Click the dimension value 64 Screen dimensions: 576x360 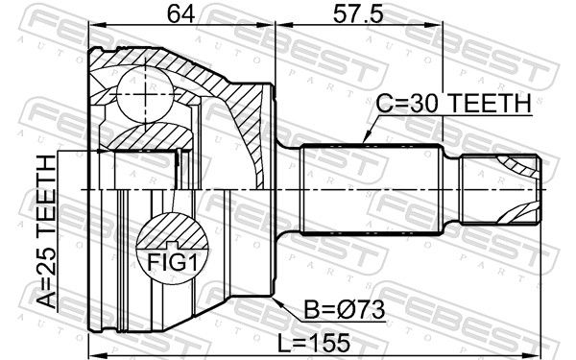pos(180,14)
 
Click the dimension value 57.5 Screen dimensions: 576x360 pos(358,14)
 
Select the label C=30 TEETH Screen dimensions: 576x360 pos(453,104)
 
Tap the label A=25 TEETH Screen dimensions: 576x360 pos(47,231)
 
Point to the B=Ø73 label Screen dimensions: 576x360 pos(345,310)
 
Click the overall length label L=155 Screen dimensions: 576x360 pos(313,344)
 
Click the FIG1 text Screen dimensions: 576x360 pos(172,262)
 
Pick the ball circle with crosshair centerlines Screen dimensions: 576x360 pos(145,94)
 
